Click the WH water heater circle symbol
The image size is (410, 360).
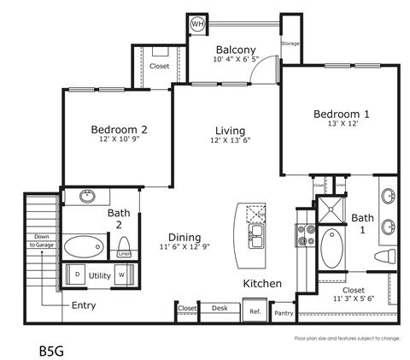(196, 24)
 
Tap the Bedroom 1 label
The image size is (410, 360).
(341, 115)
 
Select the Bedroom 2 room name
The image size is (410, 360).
(120, 130)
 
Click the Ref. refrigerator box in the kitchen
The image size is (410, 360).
(255, 311)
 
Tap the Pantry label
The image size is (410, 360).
(284, 314)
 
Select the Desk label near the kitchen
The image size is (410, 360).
(220, 308)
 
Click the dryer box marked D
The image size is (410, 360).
(78, 274)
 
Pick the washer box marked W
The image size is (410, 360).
(120, 274)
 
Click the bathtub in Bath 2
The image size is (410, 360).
(83, 248)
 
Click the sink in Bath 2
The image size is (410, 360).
(88, 197)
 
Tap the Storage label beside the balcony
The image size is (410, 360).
(291, 42)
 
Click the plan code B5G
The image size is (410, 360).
(52, 350)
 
